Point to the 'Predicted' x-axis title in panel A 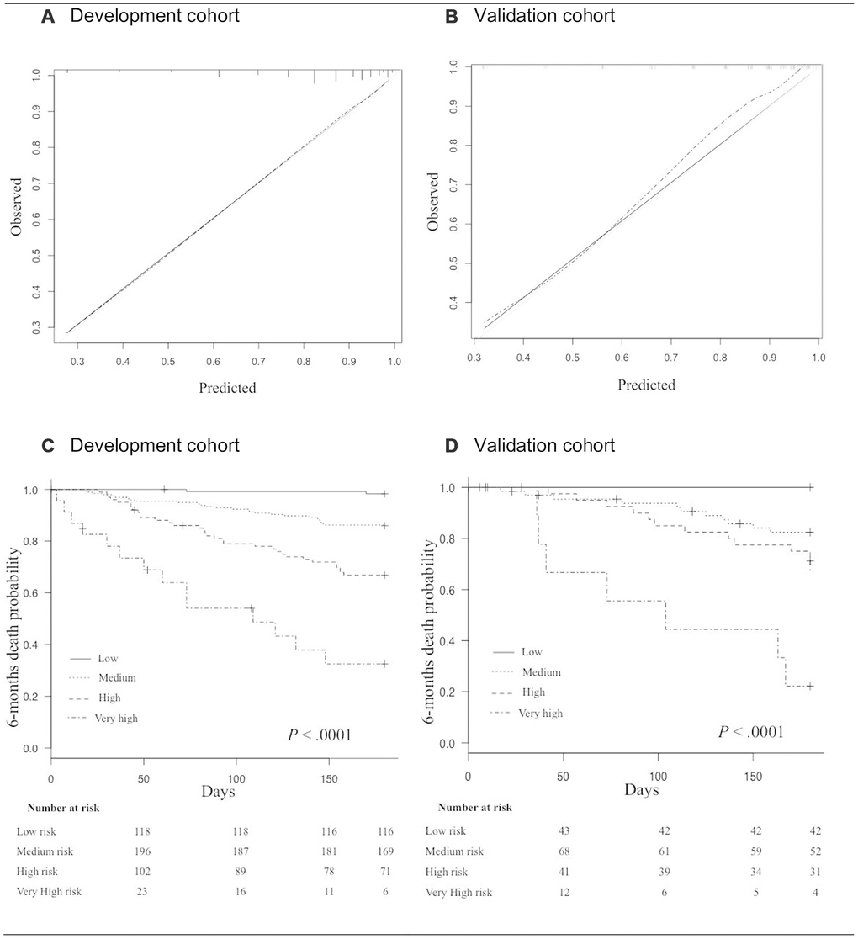pos(227,388)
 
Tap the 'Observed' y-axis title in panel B pos(432,202)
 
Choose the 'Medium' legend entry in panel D pos(541,671)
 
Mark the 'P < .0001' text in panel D pos(750,731)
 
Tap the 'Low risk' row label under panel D pos(445,831)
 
